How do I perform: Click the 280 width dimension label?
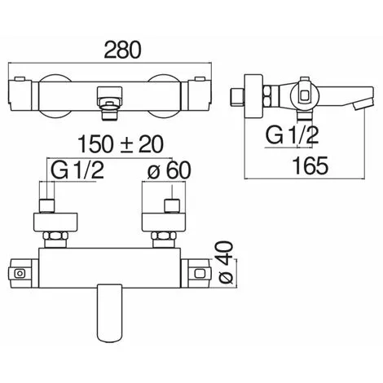(x=123, y=50)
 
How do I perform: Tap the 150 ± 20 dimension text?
(x=121, y=144)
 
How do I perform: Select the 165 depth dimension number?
(x=311, y=165)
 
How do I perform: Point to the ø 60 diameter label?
(x=169, y=170)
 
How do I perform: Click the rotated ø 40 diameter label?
(x=226, y=262)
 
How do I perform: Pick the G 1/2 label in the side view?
(x=292, y=135)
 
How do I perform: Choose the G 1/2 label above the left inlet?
(x=77, y=170)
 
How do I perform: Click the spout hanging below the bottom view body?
(x=109, y=313)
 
